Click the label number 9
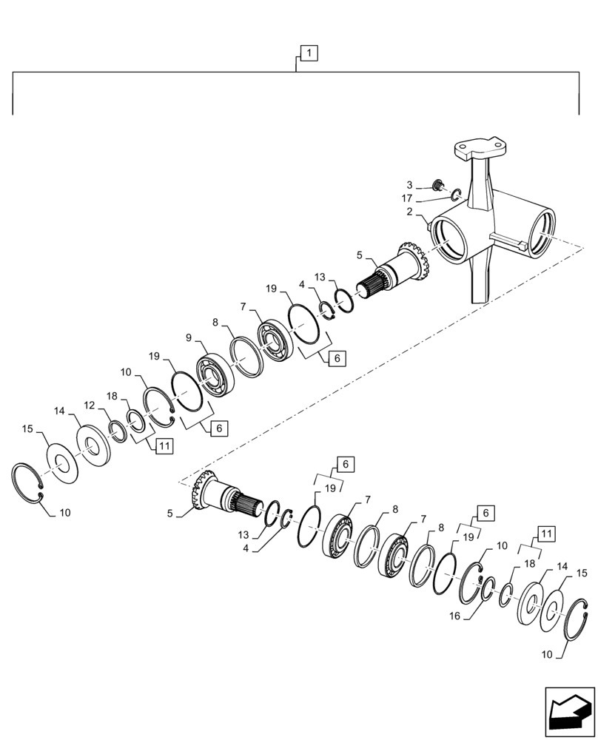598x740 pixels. point(189,337)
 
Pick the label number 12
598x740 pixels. point(89,405)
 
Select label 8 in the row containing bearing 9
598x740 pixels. point(215,322)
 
